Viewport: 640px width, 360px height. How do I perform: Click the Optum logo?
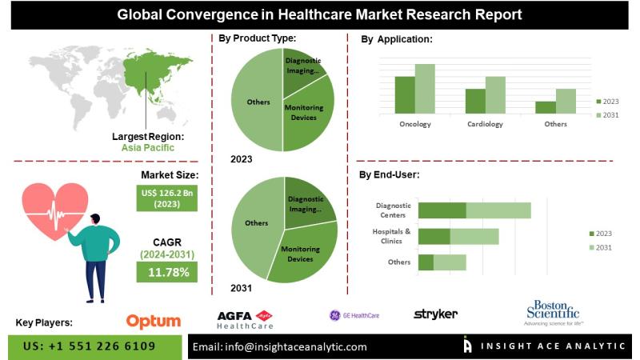click(x=154, y=321)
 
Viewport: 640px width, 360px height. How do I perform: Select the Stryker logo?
click(x=436, y=314)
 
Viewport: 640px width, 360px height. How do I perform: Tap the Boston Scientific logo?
click(x=553, y=312)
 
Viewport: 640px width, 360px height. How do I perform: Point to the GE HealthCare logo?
click(x=354, y=315)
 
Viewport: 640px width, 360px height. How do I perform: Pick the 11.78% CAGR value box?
click(x=168, y=273)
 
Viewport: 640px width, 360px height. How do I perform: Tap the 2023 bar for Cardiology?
click(x=475, y=101)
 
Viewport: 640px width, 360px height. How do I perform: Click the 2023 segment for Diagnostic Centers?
click(x=442, y=210)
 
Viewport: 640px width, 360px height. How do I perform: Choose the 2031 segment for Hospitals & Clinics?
click(x=474, y=237)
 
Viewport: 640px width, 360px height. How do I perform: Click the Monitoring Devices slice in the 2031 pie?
click(x=302, y=254)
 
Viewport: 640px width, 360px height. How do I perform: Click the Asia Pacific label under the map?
click(x=147, y=147)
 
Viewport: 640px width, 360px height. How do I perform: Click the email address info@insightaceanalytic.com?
click(x=280, y=346)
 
